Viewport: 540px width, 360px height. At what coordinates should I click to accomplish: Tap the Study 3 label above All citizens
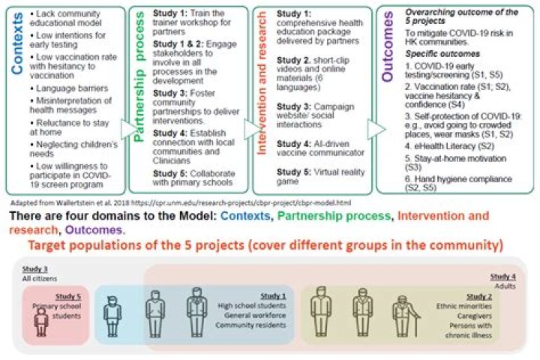click(33, 269)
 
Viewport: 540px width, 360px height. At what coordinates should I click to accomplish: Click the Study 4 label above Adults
click(502, 276)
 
